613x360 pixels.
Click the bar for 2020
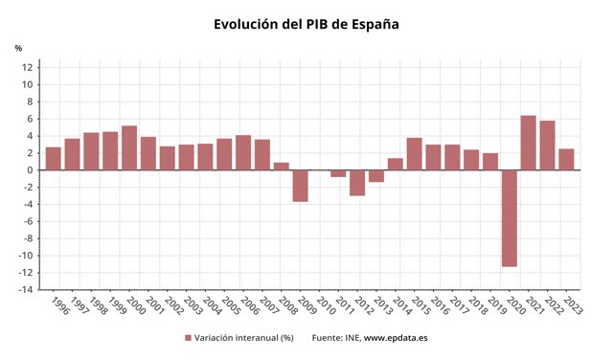(510, 218)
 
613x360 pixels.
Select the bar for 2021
(529, 143)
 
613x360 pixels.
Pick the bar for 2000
(129, 148)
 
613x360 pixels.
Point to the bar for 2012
(357, 183)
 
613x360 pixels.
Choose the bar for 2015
(415, 154)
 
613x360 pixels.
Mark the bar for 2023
(566, 160)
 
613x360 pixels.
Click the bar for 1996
(54, 159)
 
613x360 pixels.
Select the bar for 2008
(282, 167)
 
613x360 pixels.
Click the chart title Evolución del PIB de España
(306, 24)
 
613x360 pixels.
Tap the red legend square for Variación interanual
(188, 338)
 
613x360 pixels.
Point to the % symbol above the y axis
(18, 48)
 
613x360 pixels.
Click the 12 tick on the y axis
(29, 67)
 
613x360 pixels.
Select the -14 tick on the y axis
(26, 290)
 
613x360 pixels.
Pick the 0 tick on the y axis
(32, 170)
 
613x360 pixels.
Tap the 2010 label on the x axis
(325, 305)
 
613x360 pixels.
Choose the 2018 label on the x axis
(476, 305)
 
